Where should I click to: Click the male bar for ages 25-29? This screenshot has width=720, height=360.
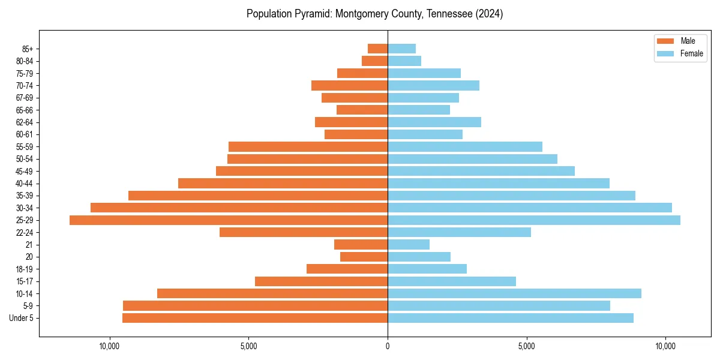(x=228, y=220)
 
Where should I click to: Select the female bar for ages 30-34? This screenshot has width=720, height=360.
(x=529, y=208)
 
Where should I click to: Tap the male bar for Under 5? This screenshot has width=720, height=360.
(x=255, y=318)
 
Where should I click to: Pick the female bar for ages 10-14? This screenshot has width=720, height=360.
(x=514, y=293)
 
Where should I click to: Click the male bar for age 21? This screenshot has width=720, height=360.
(x=361, y=244)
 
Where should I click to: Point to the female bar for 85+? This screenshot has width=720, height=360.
(x=401, y=49)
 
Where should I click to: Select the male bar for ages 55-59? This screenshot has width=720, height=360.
(x=308, y=146)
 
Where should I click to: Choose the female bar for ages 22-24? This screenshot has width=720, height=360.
(x=459, y=232)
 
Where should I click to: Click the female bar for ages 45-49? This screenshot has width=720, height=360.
(x=481, y=171)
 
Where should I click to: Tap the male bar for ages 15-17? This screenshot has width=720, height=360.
(x=321, y=281)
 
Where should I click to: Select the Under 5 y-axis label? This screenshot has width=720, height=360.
(x=21, y=318)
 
